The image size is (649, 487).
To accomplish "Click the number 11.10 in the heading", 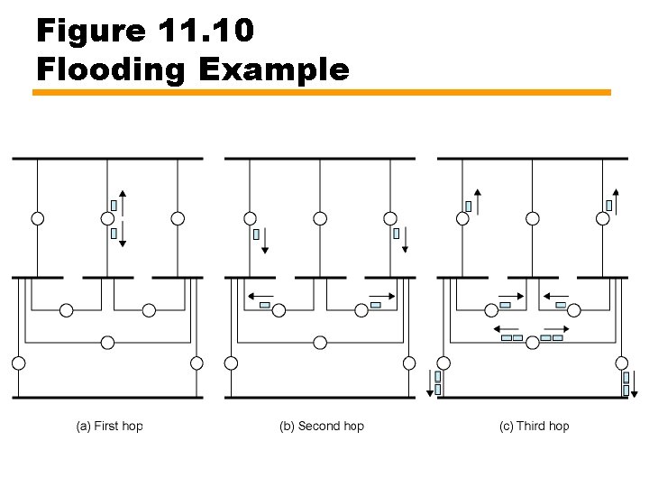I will (205, 32).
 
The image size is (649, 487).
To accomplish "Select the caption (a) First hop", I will (109, 426).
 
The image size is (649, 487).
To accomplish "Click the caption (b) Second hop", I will (322, 426).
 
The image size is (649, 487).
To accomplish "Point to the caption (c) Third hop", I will (535, 426).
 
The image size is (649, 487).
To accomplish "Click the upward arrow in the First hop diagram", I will (123, 204).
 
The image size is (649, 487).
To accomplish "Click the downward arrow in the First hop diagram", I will (123, 234).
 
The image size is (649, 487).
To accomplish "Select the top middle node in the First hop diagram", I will (107, 218).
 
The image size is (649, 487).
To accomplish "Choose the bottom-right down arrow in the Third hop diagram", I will (635, 384).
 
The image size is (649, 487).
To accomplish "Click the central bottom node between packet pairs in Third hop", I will (533, 342).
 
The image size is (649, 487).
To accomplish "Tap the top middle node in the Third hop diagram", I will (533, 218).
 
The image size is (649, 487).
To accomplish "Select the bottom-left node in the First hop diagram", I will (17, 363).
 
